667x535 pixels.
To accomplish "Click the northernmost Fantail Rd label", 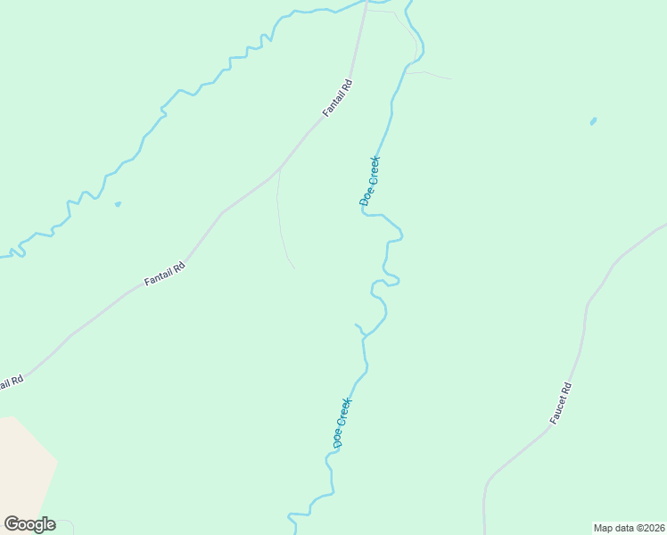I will [338, 99].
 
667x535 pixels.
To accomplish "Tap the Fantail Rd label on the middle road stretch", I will [165, 274].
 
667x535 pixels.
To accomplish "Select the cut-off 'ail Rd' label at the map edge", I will [10, 382].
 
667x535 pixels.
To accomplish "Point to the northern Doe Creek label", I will [370, 181].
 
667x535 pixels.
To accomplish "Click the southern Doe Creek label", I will [343, 423].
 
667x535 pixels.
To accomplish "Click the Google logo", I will [29, 524].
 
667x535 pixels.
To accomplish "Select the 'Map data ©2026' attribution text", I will [629, 527].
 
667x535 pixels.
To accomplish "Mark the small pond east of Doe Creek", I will [593, 121].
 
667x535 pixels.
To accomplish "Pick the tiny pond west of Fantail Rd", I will [117, 204].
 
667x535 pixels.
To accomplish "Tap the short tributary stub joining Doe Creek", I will [360, 329].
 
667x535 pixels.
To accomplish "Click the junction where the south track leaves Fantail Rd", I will [279, 169].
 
